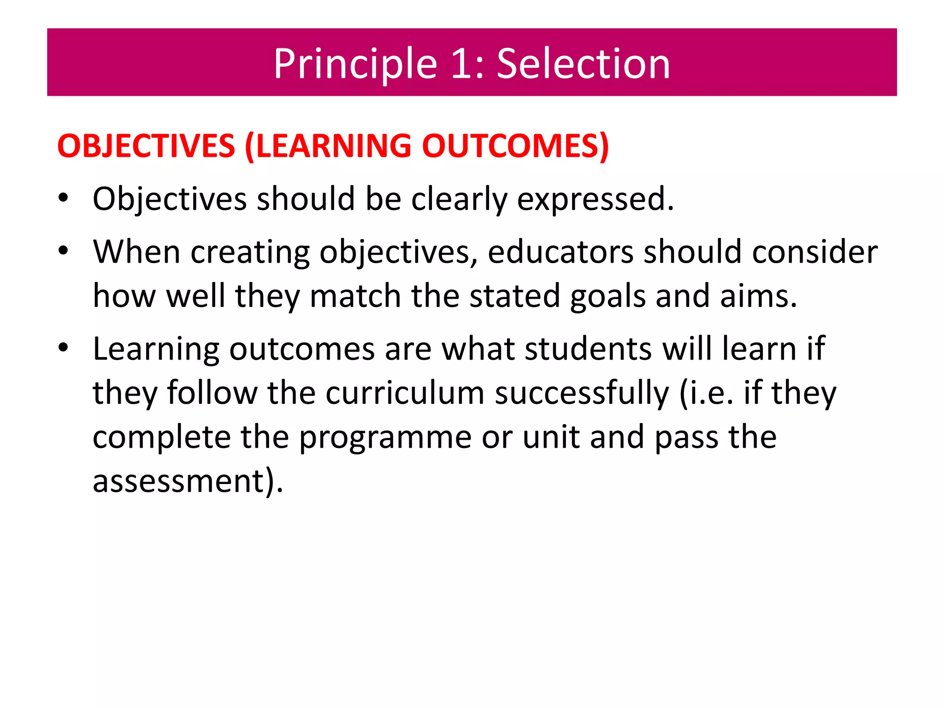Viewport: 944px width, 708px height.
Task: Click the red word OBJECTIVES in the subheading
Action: click(146, 146)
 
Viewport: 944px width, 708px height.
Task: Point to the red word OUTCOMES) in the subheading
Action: click(515, 146)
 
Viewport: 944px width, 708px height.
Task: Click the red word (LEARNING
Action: click(328, 146)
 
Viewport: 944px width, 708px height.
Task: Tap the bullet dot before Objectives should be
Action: click(63, 199)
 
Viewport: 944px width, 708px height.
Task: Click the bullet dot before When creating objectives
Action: click(63, 252)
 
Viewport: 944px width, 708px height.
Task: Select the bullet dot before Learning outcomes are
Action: click(63, 348)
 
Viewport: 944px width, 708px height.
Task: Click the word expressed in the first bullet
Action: click(595, 199)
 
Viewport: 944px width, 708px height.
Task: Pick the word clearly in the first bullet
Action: click(459, 199)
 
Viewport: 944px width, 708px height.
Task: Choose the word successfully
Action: click(581, 393)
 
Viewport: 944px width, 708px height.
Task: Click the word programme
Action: click(385, 437)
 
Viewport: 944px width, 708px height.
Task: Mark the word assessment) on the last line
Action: click(188, 481)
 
